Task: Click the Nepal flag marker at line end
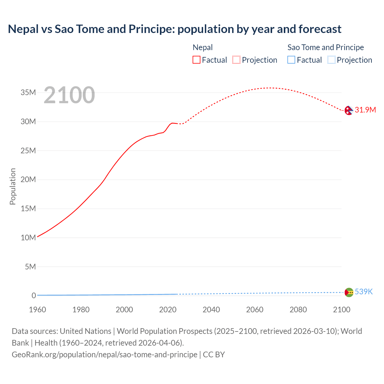click(349, 110)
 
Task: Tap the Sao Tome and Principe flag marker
click(349, 292)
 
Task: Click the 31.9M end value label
click(365, 110)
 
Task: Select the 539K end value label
click(364, 292)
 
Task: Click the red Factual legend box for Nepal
click(196, 60)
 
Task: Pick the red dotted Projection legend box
click(236, 60)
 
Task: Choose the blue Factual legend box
click(291, 60)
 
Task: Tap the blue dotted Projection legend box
click(331, 60)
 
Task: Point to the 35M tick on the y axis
click(28, 92)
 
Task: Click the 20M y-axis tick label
click(28, 179)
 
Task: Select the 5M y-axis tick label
click(30, 267)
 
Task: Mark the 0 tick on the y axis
click(34, 295)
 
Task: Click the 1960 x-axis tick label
click(37, 310)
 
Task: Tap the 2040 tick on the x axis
click(211, 310)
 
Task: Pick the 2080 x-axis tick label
click(298, 310)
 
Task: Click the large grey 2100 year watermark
click(69, 95)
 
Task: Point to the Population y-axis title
click(13, 186)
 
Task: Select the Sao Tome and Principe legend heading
click(325, 47)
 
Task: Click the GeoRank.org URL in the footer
click(104, 354)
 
